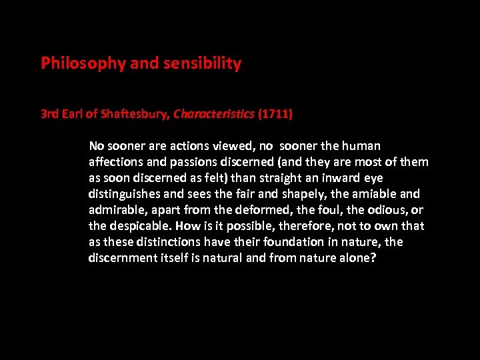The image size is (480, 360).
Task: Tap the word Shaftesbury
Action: pyautogui.click(x=136, y=114)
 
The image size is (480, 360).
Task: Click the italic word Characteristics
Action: pyautogui.click(x=213, y=114)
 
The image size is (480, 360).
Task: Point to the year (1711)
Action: pyautogui.click(x=275, y=114)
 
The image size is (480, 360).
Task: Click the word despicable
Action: pyautogui.click(x=139, y=226)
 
